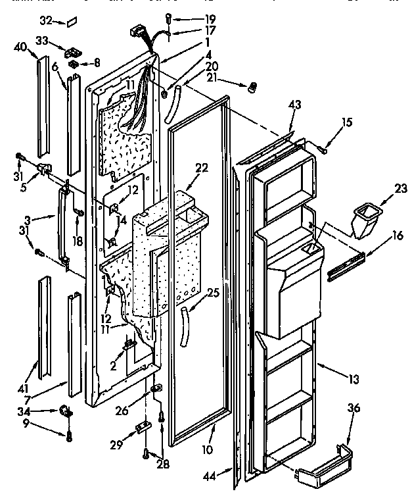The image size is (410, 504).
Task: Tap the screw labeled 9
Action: tap(68, 436)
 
